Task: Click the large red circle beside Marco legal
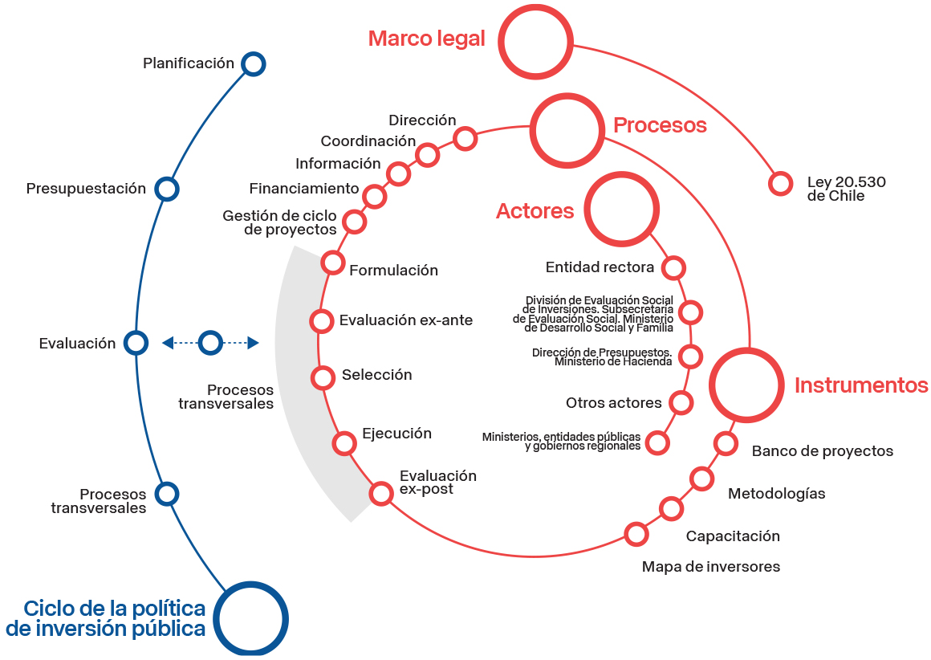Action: (533, 40)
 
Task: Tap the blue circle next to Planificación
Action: (254, 63)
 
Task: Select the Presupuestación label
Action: (86, 189)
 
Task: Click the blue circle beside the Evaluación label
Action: (136, 343)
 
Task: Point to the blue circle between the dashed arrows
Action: (210, 343)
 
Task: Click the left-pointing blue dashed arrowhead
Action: (168, 343)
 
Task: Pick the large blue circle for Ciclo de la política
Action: (251, 619)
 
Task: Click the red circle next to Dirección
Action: (465, 138)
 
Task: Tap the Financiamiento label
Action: (303, 189)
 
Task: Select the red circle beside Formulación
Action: (333, 262)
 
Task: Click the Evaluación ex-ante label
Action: (406, 320)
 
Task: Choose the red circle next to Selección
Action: (323, 377)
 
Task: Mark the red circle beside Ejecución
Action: (344, 442)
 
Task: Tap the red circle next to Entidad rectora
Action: (674, 267)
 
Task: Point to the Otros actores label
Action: (613, 402)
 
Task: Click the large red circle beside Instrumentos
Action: (746, 385)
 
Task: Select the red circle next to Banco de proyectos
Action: (726, 443)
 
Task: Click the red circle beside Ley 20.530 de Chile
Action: (780, 183)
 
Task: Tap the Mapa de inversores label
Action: (710, 567)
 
